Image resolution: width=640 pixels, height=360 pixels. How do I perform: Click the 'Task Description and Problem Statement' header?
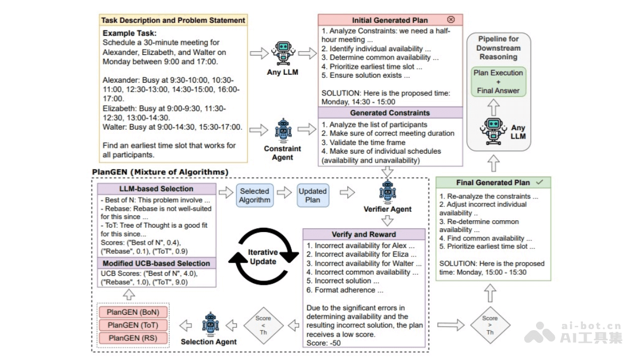tap(173, 20)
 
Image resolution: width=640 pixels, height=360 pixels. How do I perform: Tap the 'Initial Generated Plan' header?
tap(390, 20)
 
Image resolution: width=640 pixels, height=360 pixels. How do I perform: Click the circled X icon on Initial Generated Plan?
tap(451, 20)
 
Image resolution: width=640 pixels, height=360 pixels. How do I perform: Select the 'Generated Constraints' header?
tap(390, 113)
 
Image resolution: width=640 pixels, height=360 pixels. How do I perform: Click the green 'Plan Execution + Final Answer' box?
tap(499, 82)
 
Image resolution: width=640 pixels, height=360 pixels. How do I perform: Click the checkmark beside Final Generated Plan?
tap(540, 182)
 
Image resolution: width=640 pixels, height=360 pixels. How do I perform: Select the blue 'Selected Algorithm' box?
tap(254, 196)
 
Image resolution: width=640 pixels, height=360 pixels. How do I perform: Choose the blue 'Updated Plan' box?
tap(313, 196)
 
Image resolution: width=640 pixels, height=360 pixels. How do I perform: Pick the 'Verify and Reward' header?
tap(364, 234)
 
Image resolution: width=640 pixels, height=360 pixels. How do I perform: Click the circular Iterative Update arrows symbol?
tap(263, 257)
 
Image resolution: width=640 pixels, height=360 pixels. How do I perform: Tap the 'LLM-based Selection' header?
tap(156, 189)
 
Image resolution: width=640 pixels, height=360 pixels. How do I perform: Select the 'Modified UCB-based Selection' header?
tap(156, 263)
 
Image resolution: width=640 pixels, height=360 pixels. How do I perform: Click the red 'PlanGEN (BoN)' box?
tap(133, 312)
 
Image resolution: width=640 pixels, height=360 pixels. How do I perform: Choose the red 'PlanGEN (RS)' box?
tap(133, 338)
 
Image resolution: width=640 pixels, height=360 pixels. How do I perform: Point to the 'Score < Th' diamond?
tap(263, 325)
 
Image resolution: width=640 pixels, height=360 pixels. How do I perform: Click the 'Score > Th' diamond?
tap(490, 325)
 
